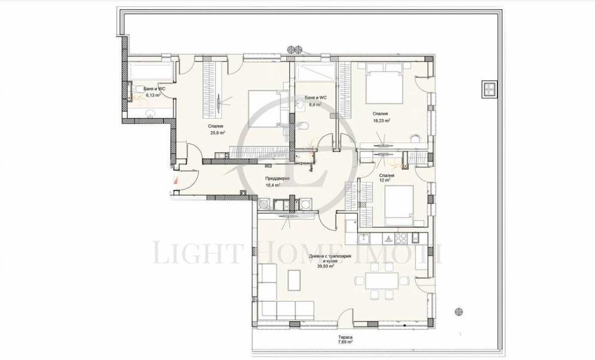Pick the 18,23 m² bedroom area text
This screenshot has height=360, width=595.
[381, 120]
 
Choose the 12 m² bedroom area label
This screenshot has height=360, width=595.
[386, 181]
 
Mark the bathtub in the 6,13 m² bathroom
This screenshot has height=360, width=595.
[149, 73]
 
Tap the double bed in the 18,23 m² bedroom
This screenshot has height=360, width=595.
[386, 86]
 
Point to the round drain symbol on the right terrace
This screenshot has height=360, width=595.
[458, 310]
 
